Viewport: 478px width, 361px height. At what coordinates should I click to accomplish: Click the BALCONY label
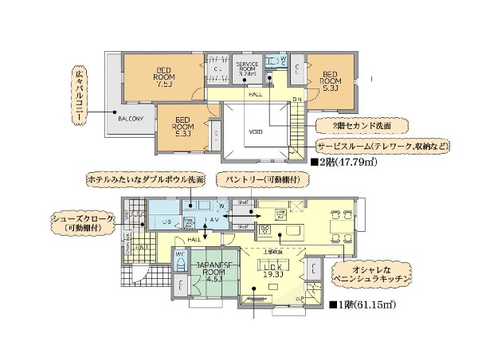pos(131,119)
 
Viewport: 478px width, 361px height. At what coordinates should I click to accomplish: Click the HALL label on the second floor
pos(255,94)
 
